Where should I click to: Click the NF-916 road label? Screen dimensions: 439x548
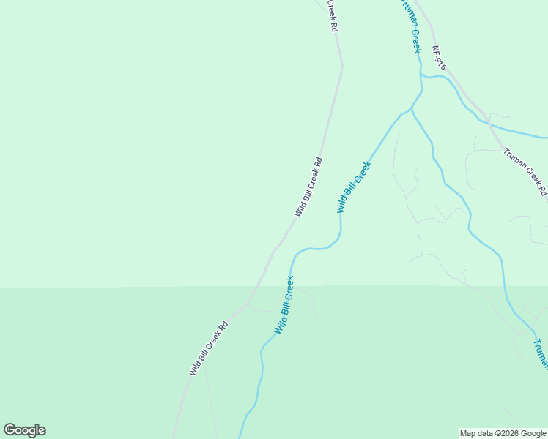pyautogui.click(x=438, y=59)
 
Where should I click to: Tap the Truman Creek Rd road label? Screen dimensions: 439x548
pyautogui.click(x=525, y=172)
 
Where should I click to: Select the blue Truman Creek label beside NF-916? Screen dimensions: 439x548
pyautogui.click(x=410, y=26)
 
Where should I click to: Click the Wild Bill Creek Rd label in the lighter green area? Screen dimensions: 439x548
pyautogui.click(x=308, y=187)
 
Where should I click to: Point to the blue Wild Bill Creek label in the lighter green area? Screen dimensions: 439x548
pyautogui.click(x=354, y=187)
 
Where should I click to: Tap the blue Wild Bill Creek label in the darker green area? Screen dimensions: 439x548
pyautogui.click(x=284, y=304)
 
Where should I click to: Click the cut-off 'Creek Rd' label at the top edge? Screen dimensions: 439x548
pyautogui.click(x=332, y=15)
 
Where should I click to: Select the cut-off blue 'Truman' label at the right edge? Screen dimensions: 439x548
pyautogui.click(x=539, y=353)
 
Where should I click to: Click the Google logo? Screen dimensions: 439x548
pyautogui.click(x=24, y=430)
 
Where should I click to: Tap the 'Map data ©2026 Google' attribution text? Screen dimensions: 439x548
pyautogui.click(x=503, y=433)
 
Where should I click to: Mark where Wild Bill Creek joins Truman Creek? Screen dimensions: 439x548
pyautogui.click(x=411, y=109)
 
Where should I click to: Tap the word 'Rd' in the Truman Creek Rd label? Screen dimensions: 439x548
pyautogui.click(x=543, y=191)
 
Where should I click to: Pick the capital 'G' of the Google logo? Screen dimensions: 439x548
pyautogui.click(x=10, y=430)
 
